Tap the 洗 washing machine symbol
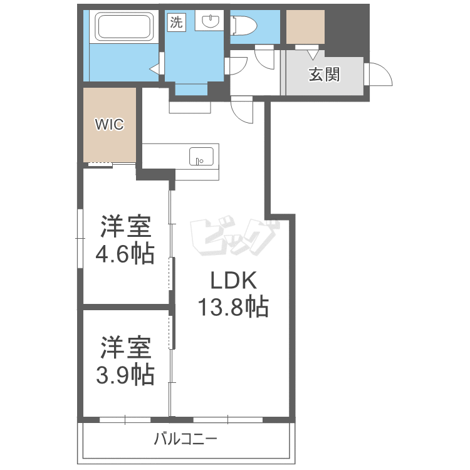[176, 23]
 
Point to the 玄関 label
[324, 75]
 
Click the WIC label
[109, 124]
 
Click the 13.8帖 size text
[233, 307]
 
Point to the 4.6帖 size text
[125, 254]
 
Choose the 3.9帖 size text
[125, 375]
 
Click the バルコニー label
[185, 439]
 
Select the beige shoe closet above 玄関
[305, 27]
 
